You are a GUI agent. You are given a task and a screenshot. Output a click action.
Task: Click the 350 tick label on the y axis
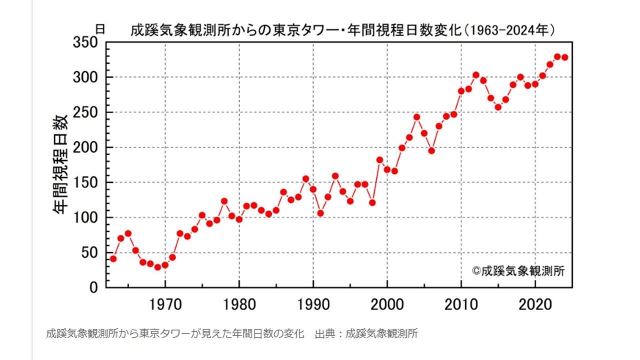[85, 43]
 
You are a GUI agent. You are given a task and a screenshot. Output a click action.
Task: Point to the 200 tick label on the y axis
[85, 148]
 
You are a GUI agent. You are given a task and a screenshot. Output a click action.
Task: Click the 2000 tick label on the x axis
[387, 304]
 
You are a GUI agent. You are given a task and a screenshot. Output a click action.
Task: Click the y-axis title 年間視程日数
[61, 164]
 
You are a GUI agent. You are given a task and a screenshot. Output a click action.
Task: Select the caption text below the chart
[231, 334]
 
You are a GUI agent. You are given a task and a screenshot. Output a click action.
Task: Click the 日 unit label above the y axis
[100, 29]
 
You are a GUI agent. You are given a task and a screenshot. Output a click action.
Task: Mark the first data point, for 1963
[113, 259]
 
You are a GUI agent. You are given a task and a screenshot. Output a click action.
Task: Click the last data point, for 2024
[564, 57]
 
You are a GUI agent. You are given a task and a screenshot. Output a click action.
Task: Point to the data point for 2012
[476, 75]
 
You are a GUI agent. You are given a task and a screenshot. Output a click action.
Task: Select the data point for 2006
[431, 150]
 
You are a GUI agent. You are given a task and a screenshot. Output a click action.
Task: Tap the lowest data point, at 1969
[157, 267]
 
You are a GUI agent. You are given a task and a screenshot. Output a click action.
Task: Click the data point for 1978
[224, 201]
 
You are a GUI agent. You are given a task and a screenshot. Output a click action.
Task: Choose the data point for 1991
[320, 213]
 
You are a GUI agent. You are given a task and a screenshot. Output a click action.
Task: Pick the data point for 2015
[498, 107]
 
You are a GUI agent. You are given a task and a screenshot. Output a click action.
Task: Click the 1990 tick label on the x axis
[313, 304]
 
